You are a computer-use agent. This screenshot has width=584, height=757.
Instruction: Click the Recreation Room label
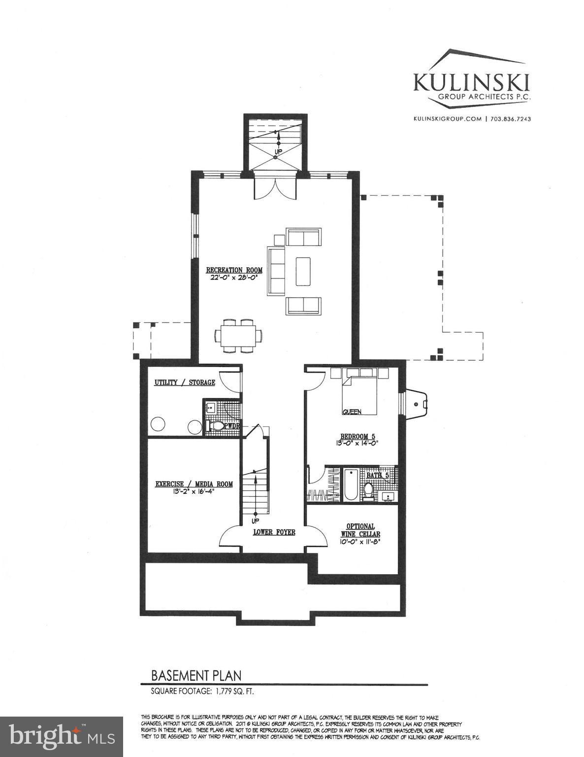[x=234, y=270]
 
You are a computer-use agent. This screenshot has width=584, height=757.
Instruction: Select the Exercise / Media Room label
[x=194, y=484]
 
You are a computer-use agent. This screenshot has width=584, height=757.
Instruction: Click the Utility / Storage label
[x=185, y=382]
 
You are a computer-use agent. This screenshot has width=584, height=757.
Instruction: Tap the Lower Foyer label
[x=274, y=532]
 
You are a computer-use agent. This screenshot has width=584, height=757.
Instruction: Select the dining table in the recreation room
[x=238, y=336]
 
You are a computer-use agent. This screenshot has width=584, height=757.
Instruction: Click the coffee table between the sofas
[x=303, y=271]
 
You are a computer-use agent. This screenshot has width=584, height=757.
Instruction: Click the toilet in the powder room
[x=216, y=425]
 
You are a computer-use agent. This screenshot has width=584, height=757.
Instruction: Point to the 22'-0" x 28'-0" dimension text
[x=234, y=277]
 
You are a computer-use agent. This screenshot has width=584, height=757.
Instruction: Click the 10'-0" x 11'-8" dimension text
[x=360, y=541]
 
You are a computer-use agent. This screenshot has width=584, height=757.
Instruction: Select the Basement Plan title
[x=196, y=675]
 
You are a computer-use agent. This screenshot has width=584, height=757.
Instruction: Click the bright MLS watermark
[x=62, y=736]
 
